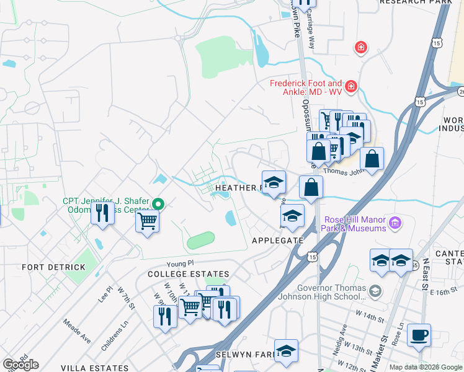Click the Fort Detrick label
[53, 267]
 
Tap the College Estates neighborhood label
[188, 274]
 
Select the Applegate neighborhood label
[277, 241]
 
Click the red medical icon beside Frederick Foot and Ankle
[351, 86]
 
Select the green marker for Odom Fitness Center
[159, 203]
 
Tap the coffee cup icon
[419, 334]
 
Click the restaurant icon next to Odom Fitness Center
[101, 213]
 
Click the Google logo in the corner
[20, 365]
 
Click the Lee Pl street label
[106, 293]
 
